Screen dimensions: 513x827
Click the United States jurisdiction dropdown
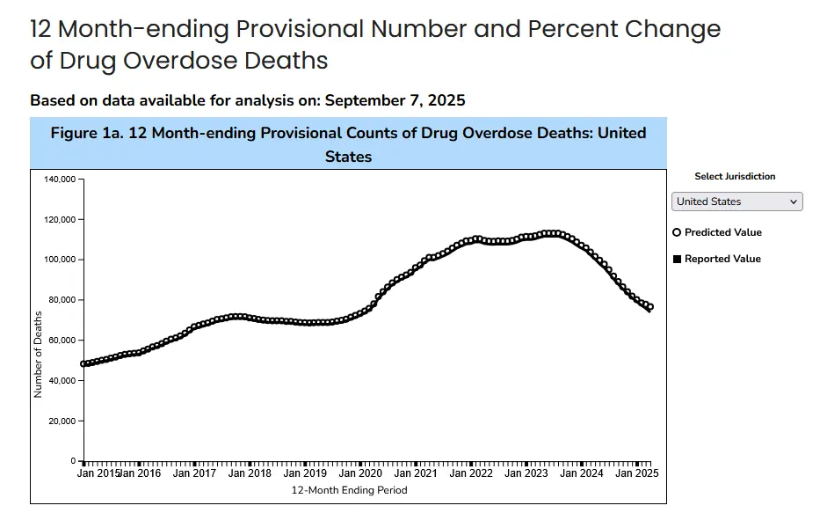point(737,202)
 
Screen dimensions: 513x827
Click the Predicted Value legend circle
point(677,232)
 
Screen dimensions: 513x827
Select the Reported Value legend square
point(677,260)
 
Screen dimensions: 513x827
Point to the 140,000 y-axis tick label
point(58,180)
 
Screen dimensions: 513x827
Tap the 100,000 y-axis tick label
point(58,260)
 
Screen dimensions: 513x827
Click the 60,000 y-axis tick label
point(61,341)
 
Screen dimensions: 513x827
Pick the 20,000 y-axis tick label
point(61,421)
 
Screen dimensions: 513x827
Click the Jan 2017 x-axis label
point(194,473)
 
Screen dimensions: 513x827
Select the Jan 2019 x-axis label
point(305,473)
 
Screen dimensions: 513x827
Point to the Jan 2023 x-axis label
point(526,473)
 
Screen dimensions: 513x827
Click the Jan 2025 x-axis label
point(636,473)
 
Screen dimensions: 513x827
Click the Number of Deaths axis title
point(38,353)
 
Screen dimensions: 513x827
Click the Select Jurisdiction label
point(735,177)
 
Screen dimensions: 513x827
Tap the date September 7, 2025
point(395,100)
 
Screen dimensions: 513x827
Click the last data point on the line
point(649,307)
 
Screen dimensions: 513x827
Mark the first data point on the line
point(83,363)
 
